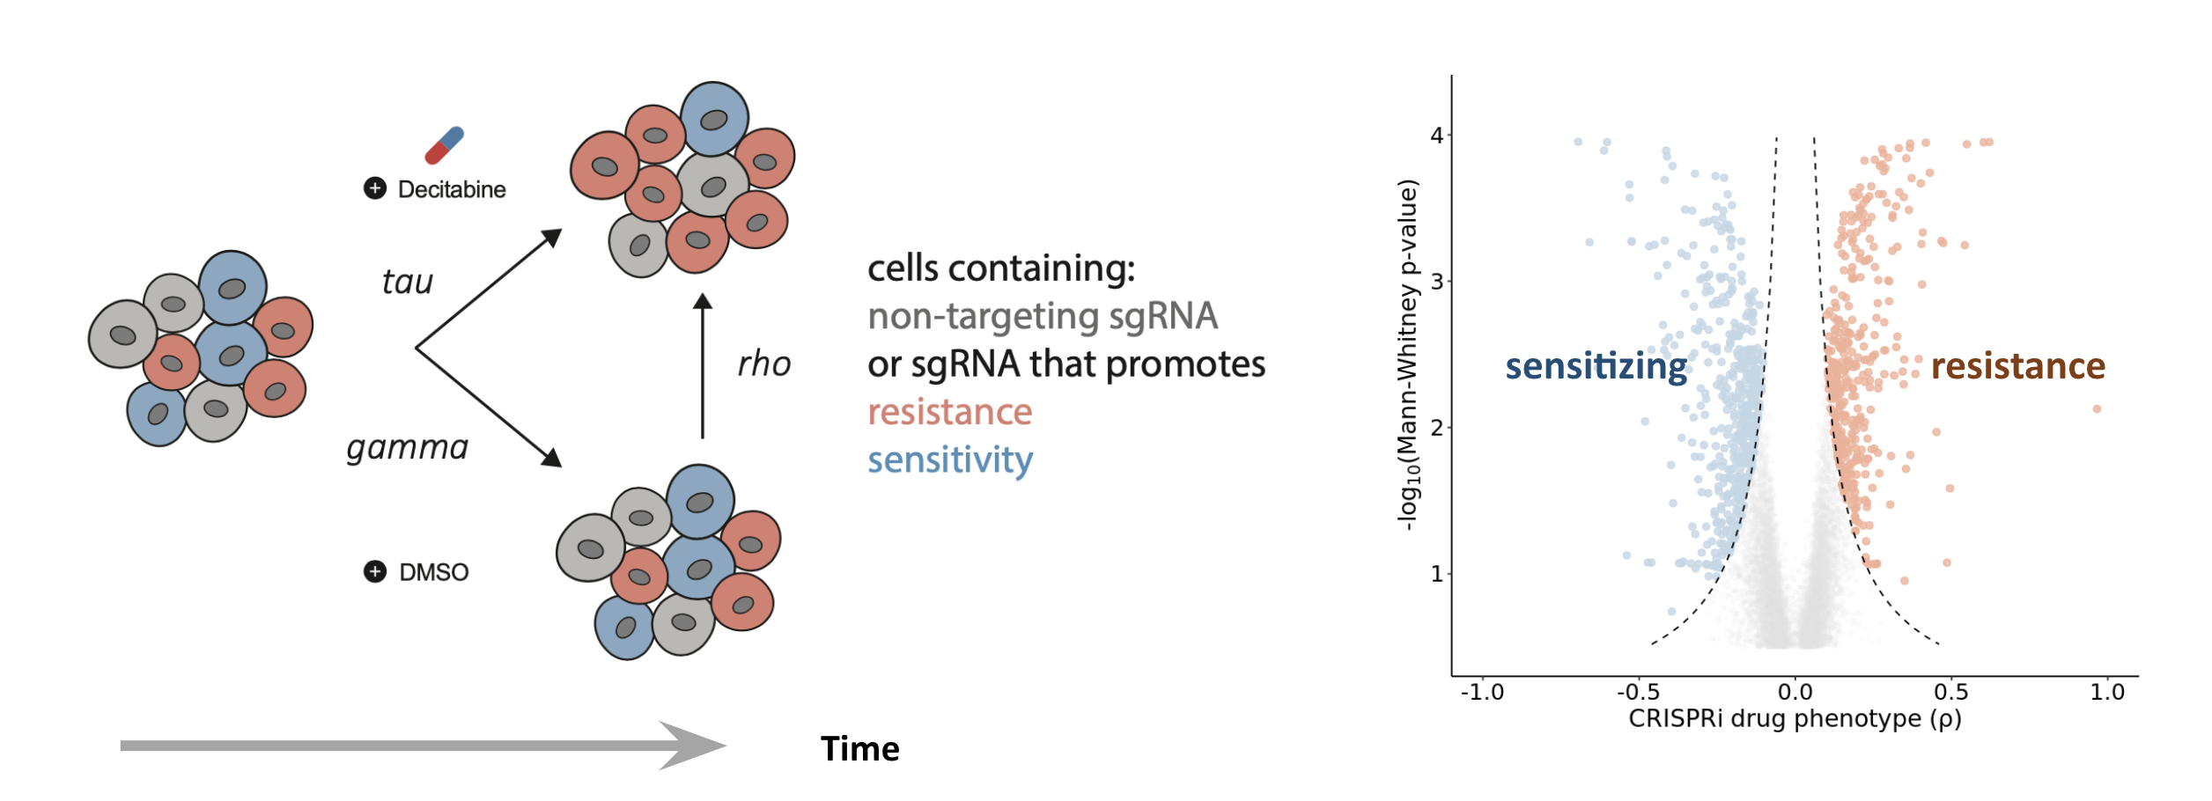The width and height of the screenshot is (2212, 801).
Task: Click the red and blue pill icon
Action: coord(444,145)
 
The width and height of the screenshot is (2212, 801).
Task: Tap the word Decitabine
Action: coord(452,189)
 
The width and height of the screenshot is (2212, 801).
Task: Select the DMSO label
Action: coord(433,572)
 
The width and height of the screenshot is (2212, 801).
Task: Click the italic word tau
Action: coord(407,282)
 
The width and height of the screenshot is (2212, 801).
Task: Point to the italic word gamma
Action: coord(407,448)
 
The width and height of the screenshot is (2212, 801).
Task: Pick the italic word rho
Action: coord(763,364)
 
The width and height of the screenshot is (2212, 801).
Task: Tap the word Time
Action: coord(859,749)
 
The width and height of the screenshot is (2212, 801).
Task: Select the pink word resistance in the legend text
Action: coord(949,412)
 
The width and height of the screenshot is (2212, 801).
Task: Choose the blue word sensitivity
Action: coord(949,459)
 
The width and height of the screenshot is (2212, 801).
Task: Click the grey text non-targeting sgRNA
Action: coord(1042,316)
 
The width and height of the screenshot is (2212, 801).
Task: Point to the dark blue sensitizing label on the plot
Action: coord(1596,366)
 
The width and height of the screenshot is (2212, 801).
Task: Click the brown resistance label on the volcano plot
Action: coord(2017,366)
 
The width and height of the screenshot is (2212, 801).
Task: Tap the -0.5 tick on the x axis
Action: coord(1638,693)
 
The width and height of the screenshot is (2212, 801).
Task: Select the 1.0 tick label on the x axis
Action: coord(2107,693)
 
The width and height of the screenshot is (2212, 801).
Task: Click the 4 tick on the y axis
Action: coord(1437,136)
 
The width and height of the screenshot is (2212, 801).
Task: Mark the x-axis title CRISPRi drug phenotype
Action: coord(1795,719)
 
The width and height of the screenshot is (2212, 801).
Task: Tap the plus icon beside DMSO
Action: coord(375,572)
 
